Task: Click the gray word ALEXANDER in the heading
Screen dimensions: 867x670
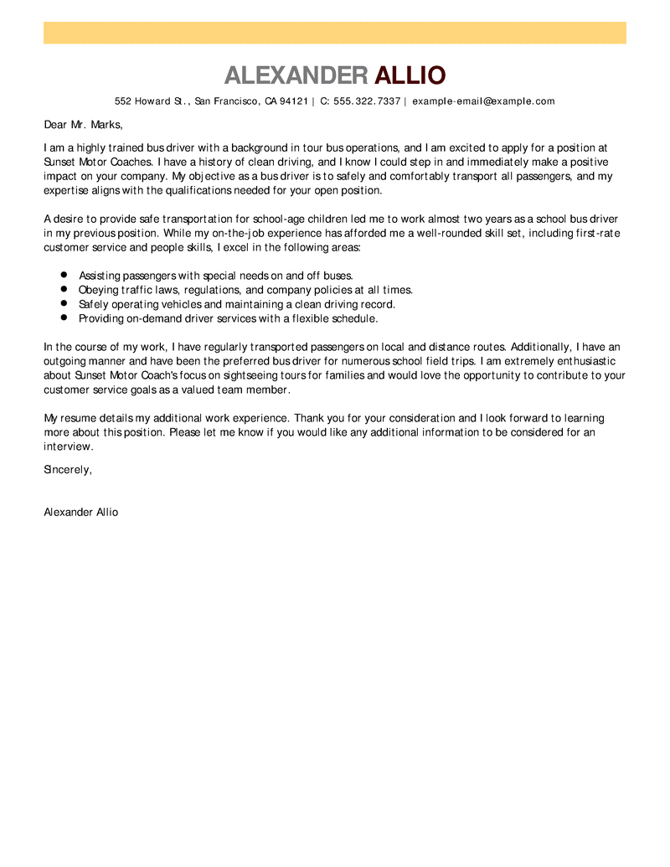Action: (296, 75)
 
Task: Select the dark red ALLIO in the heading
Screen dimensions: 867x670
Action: (410, 75)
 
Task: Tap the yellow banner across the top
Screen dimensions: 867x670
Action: (335, 33)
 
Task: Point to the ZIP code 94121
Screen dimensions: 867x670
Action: (294, 101)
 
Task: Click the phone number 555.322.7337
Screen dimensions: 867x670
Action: (367, 101)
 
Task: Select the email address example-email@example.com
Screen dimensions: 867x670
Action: (483, 101)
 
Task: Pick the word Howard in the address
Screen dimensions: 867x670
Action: (152, 101)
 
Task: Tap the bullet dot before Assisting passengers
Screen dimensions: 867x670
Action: (64, 274)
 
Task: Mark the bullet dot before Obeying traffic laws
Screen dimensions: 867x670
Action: (64, 288)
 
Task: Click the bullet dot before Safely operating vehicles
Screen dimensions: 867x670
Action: (64, 303)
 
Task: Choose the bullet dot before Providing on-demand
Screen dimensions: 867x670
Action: (64, 317)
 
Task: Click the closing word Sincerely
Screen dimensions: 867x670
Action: (67, 469)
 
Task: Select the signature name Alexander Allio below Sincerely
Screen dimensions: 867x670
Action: (81, 512)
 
